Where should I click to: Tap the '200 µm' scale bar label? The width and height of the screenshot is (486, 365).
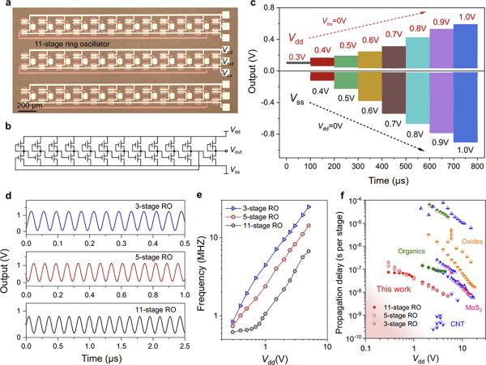click(x=31, y=105)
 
